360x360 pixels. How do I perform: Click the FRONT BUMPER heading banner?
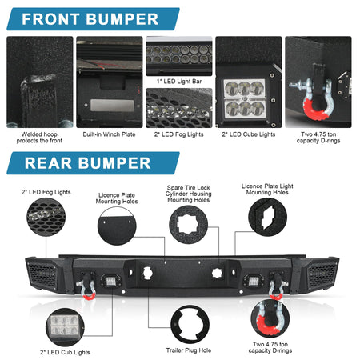pyautogui.click(x=93, y=19)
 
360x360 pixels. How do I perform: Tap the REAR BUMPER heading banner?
pyautogui.click(x=93, y=163)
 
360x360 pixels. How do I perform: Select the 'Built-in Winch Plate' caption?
pyautogui.click(x=109, y=134)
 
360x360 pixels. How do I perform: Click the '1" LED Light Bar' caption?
pyautogui.click(x=179, y=82)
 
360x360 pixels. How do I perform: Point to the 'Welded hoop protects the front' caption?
pyautogui.click(x=39, y=138)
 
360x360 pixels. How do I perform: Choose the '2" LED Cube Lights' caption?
pyautogui.click(x=249, y=134)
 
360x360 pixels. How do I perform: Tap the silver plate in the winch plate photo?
pyautogui.click(x=112, y=106)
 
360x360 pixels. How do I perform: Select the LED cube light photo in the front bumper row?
pyautogui.click(x=249, y=82)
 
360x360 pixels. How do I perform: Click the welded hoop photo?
pyautogui.click(x=40, y=82)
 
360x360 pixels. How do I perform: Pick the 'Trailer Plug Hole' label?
pyautogui.click(x=189, y=350)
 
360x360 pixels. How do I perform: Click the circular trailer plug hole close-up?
pyautogui.click(x=190, y=324)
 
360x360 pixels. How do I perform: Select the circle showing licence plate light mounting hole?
pyautogui.click(x=267, y=217)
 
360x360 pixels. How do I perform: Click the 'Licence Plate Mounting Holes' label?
pyautogui.click(x=117, y=198)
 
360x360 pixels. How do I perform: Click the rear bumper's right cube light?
pyautogui.click(x=252, y=282)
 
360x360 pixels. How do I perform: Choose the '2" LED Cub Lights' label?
pyautogui.click(x=65, y=352)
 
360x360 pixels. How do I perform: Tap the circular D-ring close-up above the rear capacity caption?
pyautogui.click(x=270, y=318)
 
